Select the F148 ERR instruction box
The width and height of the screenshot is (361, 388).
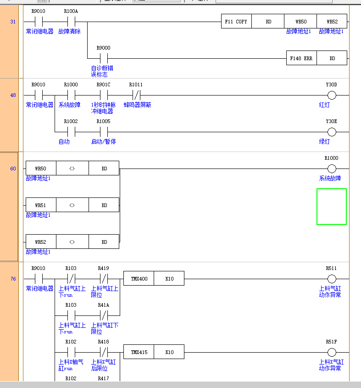click(x=301, y=58)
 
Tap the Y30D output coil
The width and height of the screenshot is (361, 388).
click(x=332, y=96)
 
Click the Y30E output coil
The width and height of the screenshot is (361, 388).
click(x=332, y=132)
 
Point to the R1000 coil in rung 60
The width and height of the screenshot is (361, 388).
click(x=332, y=169)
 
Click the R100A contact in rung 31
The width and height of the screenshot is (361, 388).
click(x=71, y=22)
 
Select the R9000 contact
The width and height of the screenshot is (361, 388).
click(x=103, y=58)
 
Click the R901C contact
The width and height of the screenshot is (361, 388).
click(x=103, y=96)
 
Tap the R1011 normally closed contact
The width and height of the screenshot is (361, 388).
click(x=136, y=96)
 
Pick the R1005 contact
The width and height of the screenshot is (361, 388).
click(x=103, y=132)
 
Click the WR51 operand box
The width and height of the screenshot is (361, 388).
click(x=40, y=205)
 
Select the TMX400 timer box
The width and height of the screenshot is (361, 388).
click(x=139, y=279)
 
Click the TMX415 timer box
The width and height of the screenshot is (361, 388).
click(x=139, y=352)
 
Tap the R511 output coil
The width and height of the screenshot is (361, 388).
click(x=332, y=279)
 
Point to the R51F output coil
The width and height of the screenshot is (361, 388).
click(x=332, y=352)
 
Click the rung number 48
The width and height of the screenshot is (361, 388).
click(x=13, y=96)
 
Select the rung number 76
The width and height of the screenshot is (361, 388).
click(x=13, y=279)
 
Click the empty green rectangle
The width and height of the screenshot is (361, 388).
click(x=331, y=207)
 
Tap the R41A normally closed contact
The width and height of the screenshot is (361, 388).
click(x=103, y=315)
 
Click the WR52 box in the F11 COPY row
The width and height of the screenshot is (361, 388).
click(x=332, y=22)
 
